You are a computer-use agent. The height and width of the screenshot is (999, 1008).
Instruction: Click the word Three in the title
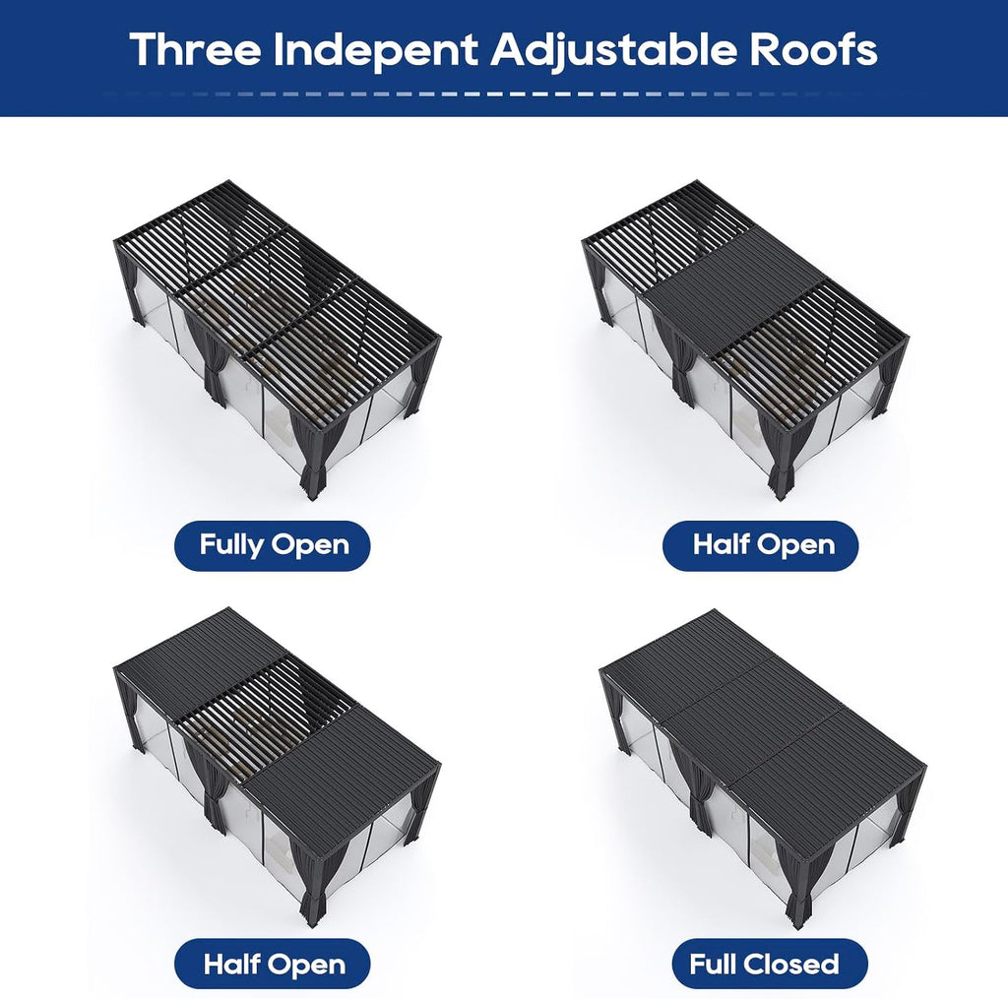pos(196,49)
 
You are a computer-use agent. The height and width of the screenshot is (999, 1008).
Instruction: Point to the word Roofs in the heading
pos(813,49)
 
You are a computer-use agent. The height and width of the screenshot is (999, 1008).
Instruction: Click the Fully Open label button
pos(273,546)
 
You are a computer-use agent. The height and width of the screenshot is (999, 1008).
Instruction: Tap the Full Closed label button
pos(770,964)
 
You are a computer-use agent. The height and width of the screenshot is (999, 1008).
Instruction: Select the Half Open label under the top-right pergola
pos(761,546)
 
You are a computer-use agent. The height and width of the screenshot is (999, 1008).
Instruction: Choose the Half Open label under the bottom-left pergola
pos(273,964)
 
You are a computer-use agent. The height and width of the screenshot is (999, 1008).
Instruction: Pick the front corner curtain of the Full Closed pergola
pos(794,885)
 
